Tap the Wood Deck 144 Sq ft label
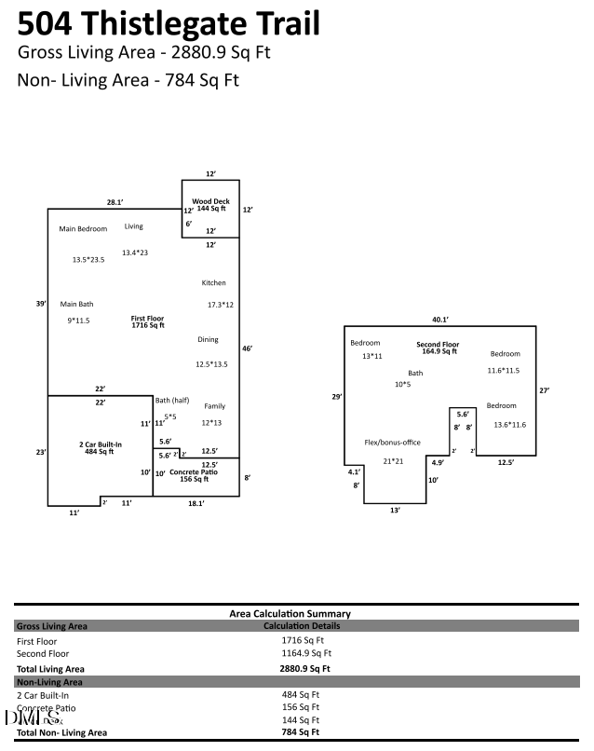pos(210,205)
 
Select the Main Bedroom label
pos(83,228)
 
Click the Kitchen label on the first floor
pos(213,283)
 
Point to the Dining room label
pos(208,340)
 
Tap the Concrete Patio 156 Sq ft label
pos(194,476)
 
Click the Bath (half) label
pos(172,401)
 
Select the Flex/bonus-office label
pos(392,443)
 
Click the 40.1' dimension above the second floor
pos(440,319)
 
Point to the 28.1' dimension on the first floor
pos(115,201)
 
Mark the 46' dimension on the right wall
pos(247,348)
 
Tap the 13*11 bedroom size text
pos(371,356)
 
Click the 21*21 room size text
pos(394,461)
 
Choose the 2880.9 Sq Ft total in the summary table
pos(304,668)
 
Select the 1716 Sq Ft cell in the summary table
pos(303,641)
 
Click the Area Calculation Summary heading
pos(290,614)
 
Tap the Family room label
pos(214,406)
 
